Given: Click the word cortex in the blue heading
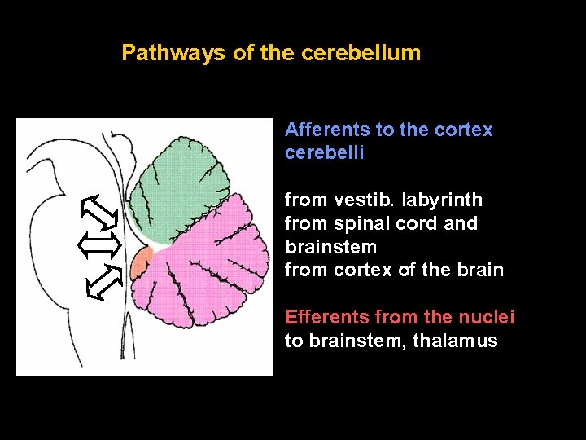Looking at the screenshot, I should point(464,130).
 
